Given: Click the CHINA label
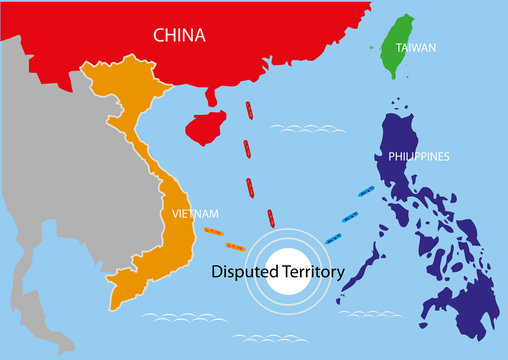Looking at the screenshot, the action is (179, 36).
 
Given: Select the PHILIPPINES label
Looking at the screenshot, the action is (418, 157).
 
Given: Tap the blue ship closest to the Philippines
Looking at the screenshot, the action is (366, 188).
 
